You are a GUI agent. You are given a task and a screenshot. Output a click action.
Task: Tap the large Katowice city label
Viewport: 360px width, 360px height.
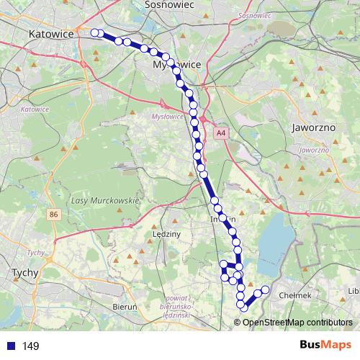pos(52,33)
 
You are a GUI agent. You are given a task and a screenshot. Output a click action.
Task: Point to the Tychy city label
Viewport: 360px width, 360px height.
pos(26,273)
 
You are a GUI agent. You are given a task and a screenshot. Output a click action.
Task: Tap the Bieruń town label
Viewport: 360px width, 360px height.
pos(126,306)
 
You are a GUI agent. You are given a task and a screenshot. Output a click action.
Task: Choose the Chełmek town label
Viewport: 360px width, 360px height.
pos(294,295)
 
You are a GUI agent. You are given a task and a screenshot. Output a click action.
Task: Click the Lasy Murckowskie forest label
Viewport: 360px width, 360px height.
pos(105,199)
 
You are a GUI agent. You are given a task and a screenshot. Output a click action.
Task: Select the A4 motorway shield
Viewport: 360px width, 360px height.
pos(221,133)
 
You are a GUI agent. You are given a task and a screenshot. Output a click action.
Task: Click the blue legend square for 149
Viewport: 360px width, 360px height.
pos(9,346)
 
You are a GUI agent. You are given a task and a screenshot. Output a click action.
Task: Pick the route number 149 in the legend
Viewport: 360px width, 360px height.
pos(30,346)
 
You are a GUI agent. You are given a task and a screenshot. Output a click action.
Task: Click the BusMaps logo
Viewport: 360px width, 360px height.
pos(325,345)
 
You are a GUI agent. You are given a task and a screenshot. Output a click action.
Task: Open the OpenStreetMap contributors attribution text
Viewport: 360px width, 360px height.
pos(297,322)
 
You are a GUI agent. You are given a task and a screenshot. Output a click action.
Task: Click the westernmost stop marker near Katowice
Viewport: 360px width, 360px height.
pos(94,32)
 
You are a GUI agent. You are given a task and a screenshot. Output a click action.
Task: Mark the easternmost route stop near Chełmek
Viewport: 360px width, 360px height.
pos(265,289)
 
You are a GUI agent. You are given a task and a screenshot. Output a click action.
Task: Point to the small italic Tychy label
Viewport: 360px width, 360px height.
pos(35,253)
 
